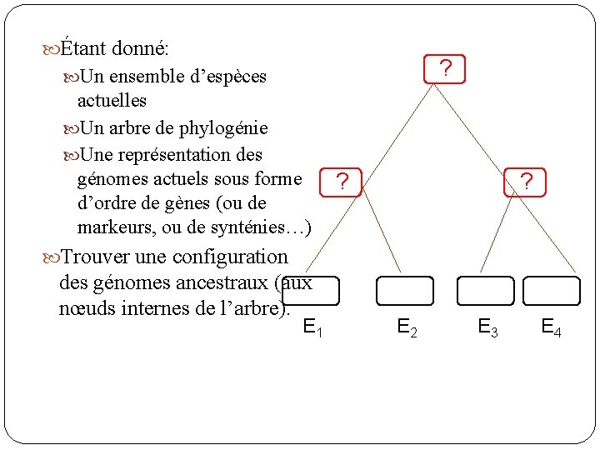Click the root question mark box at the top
(x=445, y=69)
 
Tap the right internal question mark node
(x=526, y=181)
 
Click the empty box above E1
(x=311, y=291)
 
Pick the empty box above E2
(x=405, y=291)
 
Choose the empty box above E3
(x=485, y=291)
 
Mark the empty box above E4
(x=552, y=291)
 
